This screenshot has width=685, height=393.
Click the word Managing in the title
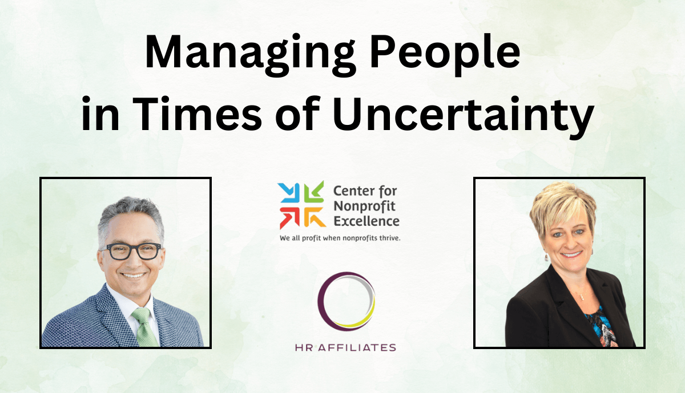[x=250, y=54]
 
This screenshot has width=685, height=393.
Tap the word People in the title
[x=445, y=54]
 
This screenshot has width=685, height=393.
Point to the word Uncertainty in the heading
[x=464, y=118]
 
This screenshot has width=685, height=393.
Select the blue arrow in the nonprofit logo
[x=288, y=193]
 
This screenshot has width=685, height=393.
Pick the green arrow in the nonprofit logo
[x=314, y=192]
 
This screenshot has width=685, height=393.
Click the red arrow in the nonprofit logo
[x=289, y=217]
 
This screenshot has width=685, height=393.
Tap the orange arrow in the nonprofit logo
[x=315, y=217]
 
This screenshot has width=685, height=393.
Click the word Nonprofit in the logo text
[x=364, y=206]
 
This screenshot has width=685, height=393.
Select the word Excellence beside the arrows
[x=366, y=221]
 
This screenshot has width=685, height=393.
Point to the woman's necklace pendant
[x=582, y=297]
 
